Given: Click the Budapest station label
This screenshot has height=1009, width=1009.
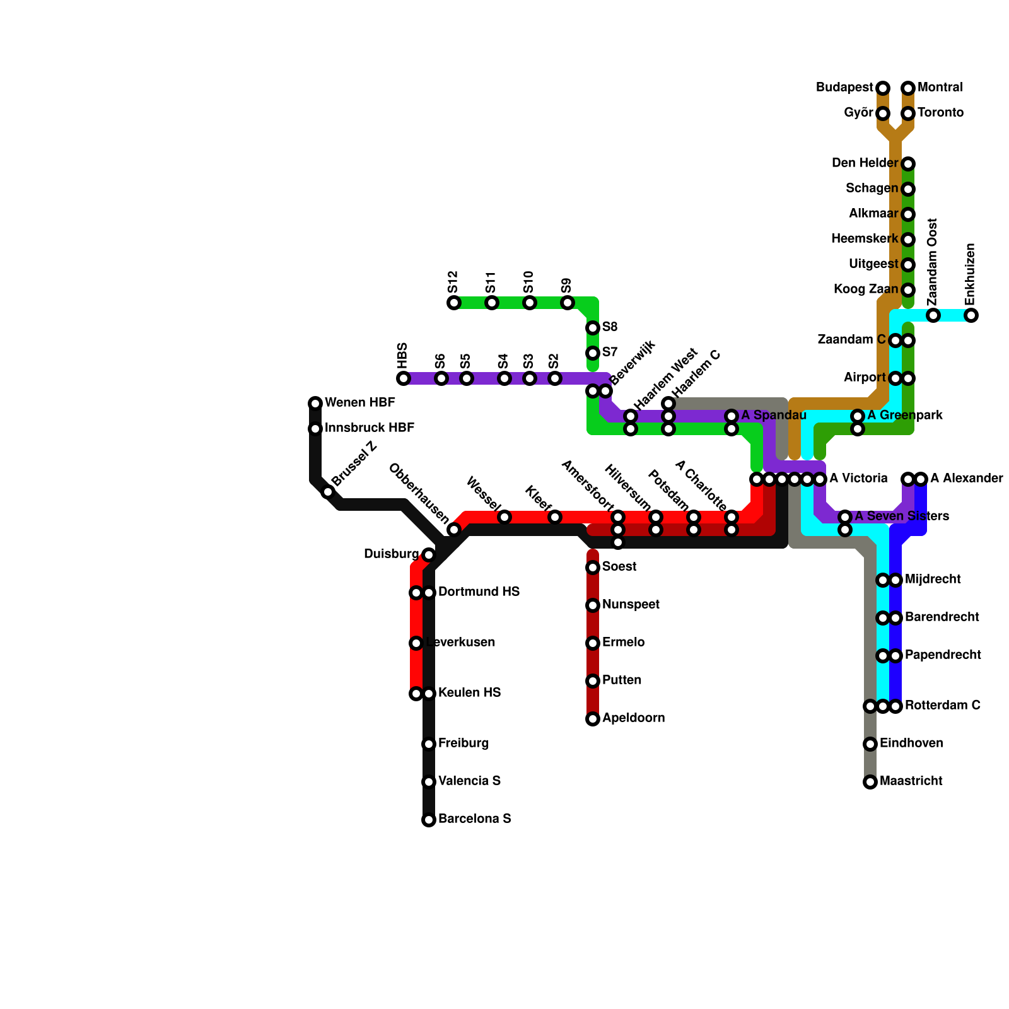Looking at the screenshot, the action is pyautogui.click(x=844, y=88).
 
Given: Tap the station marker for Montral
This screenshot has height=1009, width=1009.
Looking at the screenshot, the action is pyautogui.click(x=908, y=88).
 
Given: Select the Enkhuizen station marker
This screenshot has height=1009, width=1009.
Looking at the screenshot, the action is pyautogui.click(x=971, y=315).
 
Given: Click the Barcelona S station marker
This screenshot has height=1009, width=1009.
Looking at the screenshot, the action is pyautogui.click(x=429, y=820).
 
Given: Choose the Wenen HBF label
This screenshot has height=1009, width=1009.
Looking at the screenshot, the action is pyautogui.click(x=359, y=403).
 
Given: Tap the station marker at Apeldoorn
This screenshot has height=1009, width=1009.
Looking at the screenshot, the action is pyautogui.click(x=593, y=719).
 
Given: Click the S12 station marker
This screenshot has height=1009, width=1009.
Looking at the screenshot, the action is pyautogui.click(x=454, y=303).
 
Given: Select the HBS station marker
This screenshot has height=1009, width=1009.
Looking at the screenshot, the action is pyautogui.click(x=404, y=378).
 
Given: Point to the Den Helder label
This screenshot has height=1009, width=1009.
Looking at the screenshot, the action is pyautogui.click(x=865, y=163).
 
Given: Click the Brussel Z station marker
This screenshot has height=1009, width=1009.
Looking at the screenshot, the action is pyautogui.click(x=328, y=492).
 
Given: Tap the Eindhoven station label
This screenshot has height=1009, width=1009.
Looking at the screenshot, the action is pyautogui.click(x=911, y=744).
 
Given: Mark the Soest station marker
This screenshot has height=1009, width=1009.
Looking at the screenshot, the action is pyautogui.click(x=593, y=568).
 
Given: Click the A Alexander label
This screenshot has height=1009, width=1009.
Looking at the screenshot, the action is pyautogui.click(x=966, y=479).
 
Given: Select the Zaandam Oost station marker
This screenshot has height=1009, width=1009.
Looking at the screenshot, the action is pyautogui.click(x=933, y=315).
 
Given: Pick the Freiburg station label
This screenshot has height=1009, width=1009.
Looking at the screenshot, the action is pyautogui.click(x=464, y=744).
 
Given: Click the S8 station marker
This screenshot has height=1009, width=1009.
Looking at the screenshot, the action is pyautogui.click(x=593, y=328).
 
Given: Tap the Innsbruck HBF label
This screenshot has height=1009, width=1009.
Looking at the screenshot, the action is pyautogui.click(x=369, y=428).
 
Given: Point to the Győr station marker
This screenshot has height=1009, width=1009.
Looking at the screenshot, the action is pyautogui.click(x=883, y=114).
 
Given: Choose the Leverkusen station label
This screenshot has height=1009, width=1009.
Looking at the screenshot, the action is pyautogui.click(x=460, y=643).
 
